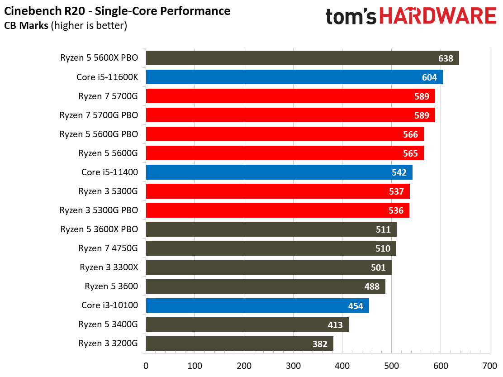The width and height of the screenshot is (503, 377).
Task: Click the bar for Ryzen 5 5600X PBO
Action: pyautogui.click(x=302, y=58)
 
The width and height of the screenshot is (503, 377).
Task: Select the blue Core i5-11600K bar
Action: pyautogui.click(x=294, y=77)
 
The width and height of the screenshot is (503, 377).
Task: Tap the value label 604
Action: pyautogui.click(x=429, y=77)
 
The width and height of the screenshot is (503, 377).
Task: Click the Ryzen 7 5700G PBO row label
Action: pyautogui.click(x=99, y=115)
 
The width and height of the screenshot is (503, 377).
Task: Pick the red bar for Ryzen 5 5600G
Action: pyautogui.click(x=285, y=153)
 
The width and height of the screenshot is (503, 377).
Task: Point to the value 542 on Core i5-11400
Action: pyautogui.click(x=399, y=172)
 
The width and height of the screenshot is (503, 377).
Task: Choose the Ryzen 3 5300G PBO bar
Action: pyautogui.click(x=277, y=210)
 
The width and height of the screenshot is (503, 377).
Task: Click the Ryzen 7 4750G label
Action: pyautogui.click(x=108, y=248)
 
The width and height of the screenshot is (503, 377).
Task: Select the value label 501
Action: pyautogui.click(x=378, y=267)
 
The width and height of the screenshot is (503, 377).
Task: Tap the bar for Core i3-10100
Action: pyautogui.click(x=257, y=305)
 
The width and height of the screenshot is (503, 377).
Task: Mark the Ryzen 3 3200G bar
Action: pyautogui.click(x=239, y=344)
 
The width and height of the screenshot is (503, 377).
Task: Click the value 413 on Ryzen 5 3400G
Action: pyautogui.click(x=335, y=325)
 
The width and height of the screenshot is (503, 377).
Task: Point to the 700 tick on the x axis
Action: pyautogui.click(x=489, y=365)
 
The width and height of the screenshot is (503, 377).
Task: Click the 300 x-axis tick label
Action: pyautogui.click(x=293, y=365)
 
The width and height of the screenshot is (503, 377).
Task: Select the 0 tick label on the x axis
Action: pyautogui.click(x=146, y=365)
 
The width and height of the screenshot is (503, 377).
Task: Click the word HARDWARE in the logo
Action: pyautogui.click(x=437, y=17)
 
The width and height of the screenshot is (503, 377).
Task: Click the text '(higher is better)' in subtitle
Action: pyautogui.click(x=89, y=26)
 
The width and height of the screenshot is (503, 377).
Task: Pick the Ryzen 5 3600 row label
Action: pyautogui.click(x=111, y=286)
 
